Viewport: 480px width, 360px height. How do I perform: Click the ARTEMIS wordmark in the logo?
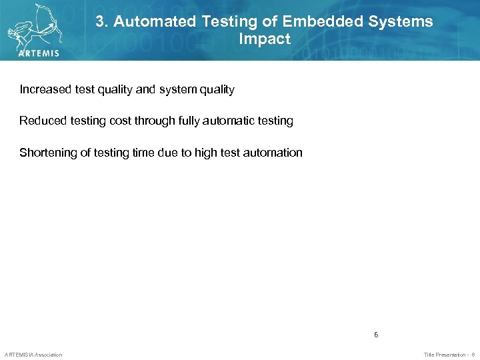pos(39,53)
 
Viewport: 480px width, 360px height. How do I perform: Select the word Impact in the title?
pos(265,39)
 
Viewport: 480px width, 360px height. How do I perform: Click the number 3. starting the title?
pos(102,21)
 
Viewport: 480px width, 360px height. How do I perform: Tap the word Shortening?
pos(48,153)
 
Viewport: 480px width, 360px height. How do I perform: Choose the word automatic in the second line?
pos(221,121)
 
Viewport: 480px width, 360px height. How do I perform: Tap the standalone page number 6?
pos(376,335)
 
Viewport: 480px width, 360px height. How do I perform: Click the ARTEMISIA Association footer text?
pos(33,355)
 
